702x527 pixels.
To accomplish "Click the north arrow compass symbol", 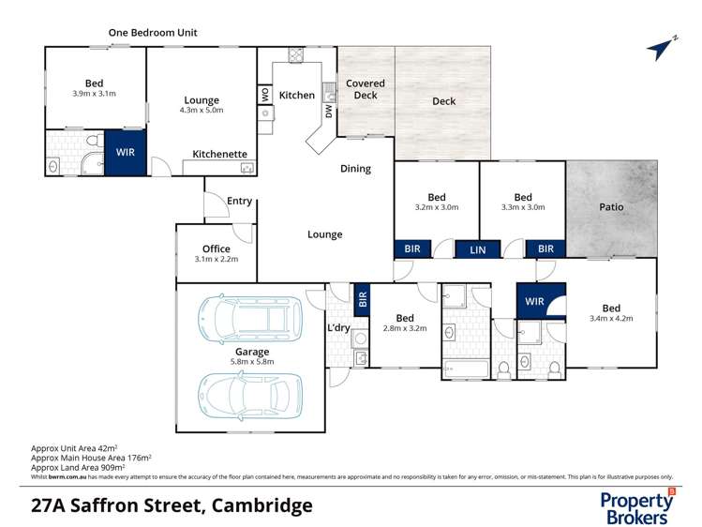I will click(x=662, y=48).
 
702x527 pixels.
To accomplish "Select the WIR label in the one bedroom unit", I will click(x=125, y=152).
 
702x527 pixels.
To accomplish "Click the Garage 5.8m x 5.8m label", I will click(x=252, y=356).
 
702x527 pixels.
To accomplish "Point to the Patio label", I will click(x=611, y=206).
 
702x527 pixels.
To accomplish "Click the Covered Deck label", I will click(x=366, y=89).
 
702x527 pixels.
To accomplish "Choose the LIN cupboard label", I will click(x=478, y=249).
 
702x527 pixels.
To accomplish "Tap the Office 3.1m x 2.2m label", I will click(x=216, y=253).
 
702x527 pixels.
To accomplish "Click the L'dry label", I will click(x=338, y=328).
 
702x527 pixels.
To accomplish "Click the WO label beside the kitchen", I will click(x=265, y=95).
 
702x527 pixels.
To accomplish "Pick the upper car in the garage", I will click(x=250, y=318).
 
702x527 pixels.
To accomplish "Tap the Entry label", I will click(x=240, y=201).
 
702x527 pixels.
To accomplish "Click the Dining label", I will click(x=355, y=169).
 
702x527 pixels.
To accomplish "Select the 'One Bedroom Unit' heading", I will click(x=153, y=33).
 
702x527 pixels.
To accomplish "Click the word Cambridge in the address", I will click(x=261, y=506).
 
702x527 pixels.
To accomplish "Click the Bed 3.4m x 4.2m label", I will click(x=611, y=313).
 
